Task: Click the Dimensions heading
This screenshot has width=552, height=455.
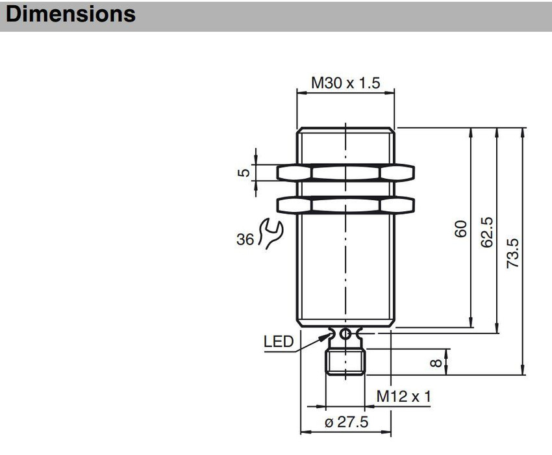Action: pos(70,14)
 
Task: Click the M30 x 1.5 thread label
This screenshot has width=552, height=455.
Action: pos(345,83)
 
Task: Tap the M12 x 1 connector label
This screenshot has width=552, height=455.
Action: pos(403,396)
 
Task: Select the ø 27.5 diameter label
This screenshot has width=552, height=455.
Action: pos(346,422)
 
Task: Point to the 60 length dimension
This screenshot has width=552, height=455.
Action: pos(461,229)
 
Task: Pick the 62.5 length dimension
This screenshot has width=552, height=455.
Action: pos(487,232)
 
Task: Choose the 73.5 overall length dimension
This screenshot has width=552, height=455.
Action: pos(513,253)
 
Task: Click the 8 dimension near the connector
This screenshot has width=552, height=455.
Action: pos(436,363)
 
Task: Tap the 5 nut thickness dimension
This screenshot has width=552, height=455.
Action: pos(244,172)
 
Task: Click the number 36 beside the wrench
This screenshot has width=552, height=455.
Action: pos(245,239)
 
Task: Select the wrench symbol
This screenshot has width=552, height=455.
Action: pos(271,233)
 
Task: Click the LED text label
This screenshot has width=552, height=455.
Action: pos(279,341)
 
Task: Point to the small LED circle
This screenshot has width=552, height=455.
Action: pos(345,333)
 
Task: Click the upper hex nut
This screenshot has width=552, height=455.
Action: pos(345,173)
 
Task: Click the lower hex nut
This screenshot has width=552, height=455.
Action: pos(345,205)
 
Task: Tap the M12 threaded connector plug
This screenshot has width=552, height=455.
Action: pos(345,361)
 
